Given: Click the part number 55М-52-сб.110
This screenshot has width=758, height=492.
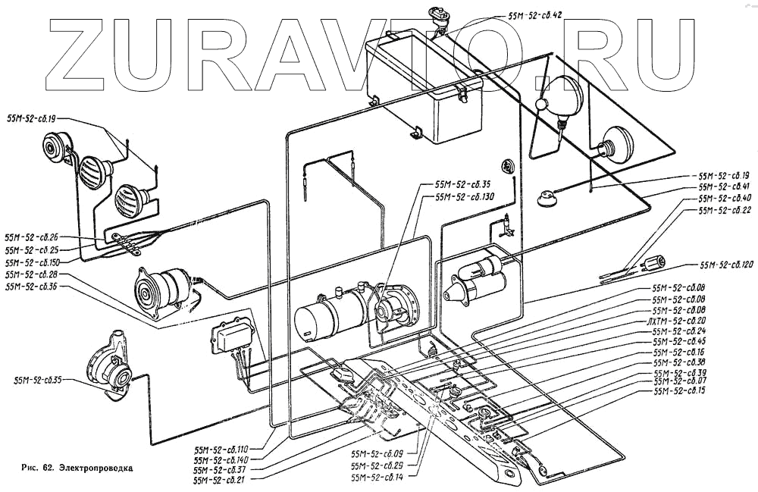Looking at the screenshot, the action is pos(221,449).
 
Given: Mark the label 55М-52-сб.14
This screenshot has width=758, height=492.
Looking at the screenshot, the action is pos(377,478).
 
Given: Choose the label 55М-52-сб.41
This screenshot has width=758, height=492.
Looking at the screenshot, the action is pos(724,186).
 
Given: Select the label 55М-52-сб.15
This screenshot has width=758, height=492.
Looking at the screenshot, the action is pos(679,390).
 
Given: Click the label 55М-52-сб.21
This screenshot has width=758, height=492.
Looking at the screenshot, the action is pos(219,481).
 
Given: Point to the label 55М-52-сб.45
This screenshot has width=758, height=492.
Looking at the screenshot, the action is pos(679,342).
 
